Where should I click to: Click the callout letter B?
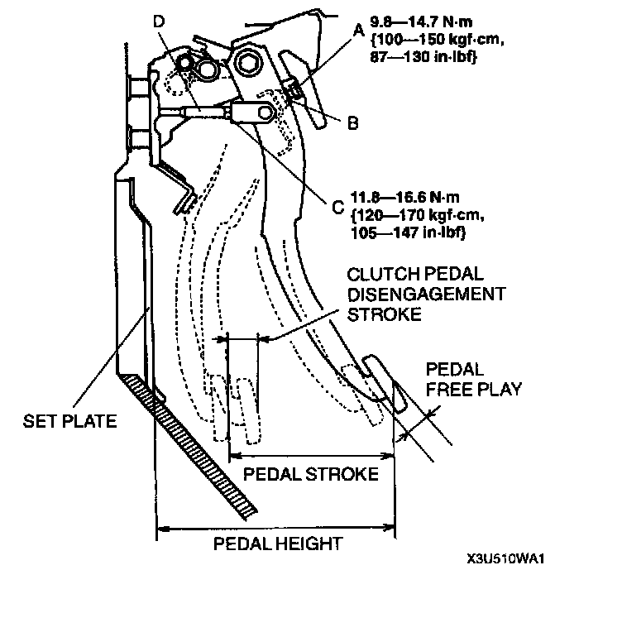[x=352, y=123]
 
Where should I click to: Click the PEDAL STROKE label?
[x=311, y=473]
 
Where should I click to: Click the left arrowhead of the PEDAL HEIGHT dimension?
[x=161, y=527]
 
